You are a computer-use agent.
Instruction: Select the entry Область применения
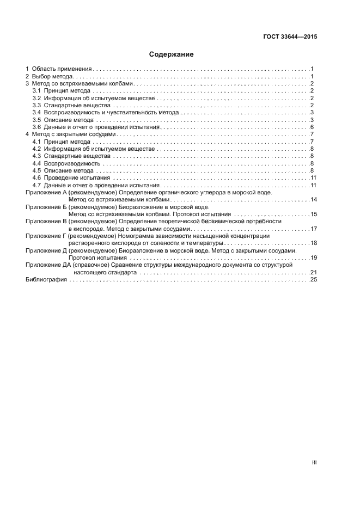pos(62,69)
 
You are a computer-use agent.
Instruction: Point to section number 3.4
pos(37,112)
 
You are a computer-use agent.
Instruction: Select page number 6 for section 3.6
pos(312,127)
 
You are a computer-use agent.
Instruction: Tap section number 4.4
pos(37,163)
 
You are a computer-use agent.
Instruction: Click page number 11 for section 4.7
pos(313,185)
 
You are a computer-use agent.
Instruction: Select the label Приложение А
pos(46,193)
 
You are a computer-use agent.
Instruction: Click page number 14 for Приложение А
pos(313,200)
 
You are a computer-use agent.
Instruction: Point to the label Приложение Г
pos(46,236)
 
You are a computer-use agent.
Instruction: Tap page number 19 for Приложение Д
pos(313,257)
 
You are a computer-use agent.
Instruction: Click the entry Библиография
pos(46,279)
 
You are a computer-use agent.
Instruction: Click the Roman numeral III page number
pos(314,463)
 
